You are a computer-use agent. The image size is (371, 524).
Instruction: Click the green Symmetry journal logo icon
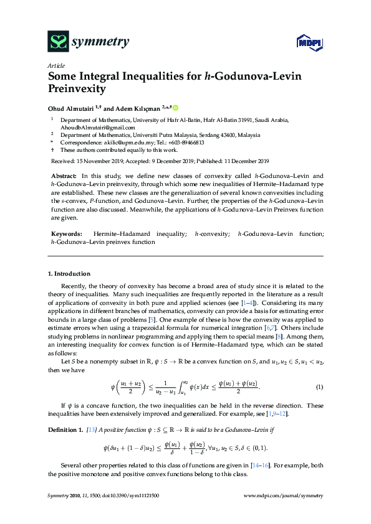pos(58,42)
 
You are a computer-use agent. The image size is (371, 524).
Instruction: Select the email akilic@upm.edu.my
pos(118,143)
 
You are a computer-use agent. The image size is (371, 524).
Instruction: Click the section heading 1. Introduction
pos(69,274)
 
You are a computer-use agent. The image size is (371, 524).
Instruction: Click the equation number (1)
pos(319,387)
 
